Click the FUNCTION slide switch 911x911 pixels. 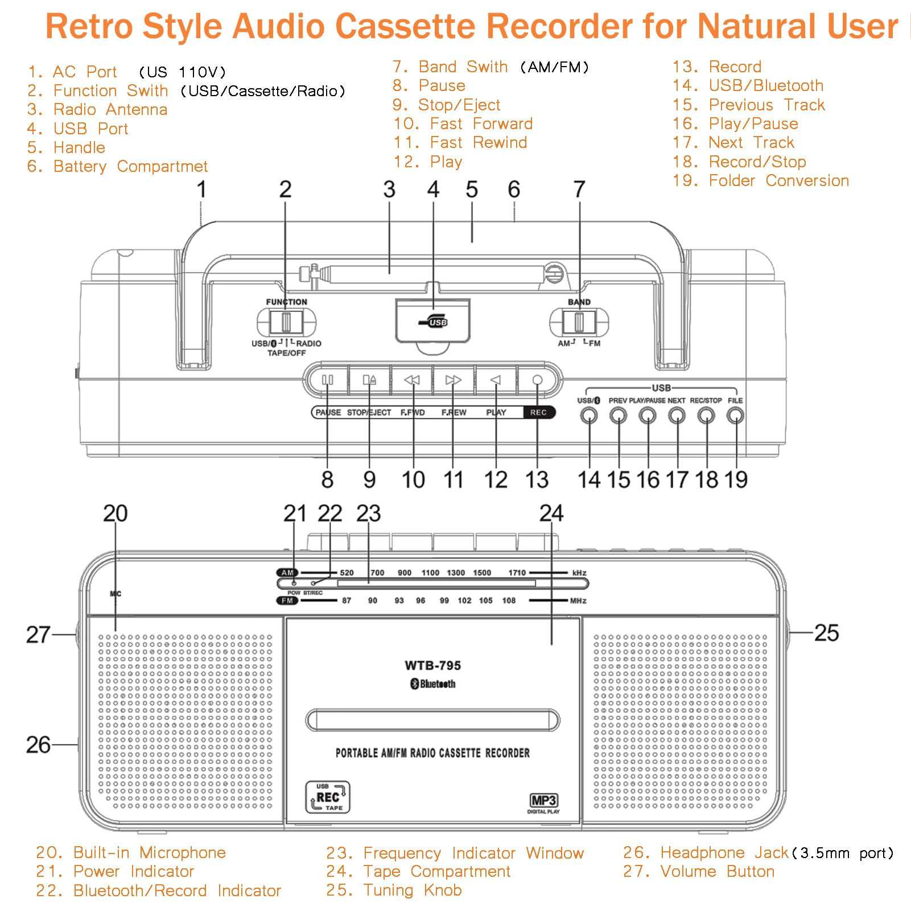286,323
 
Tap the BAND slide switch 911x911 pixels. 579,323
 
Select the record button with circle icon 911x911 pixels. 537,380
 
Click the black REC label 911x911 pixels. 538,413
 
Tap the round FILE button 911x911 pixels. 735,416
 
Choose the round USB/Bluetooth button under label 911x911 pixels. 589,416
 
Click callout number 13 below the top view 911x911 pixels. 537,480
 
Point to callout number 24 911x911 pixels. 551,513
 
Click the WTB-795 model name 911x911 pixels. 432,665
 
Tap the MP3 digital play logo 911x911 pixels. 543,803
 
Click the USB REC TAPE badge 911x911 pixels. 328,797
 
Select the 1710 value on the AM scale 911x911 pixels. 517,572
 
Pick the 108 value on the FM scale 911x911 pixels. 509,600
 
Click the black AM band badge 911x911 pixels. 287,572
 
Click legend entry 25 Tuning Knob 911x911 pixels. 394,890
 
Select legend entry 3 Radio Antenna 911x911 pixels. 97,109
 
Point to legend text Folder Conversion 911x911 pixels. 778,181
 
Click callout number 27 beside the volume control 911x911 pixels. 38,634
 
